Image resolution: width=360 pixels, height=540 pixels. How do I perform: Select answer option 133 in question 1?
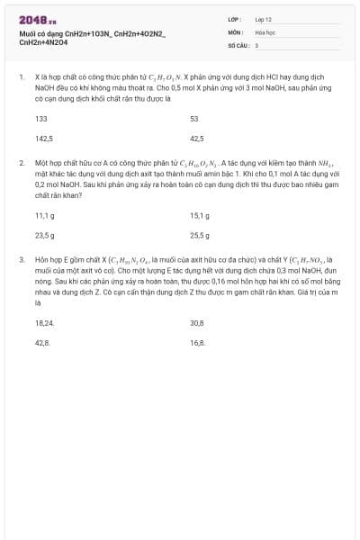[x=41, y=119]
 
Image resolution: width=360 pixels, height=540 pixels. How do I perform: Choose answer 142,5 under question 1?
[x=44, y=139]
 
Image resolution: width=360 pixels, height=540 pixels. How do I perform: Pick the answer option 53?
[x=194, y=119]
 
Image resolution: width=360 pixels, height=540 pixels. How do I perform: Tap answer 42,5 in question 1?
[x=197, y=139]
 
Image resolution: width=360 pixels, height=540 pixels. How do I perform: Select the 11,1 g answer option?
[x=45, y=215]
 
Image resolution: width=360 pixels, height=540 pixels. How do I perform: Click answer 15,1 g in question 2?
[x=200, y=215]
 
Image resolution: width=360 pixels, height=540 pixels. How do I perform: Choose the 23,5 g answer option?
[x=45, y=235]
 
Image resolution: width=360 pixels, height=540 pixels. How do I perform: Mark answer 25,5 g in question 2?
[x=200, y=235]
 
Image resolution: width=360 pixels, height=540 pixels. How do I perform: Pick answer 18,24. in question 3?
[x=45, y=322]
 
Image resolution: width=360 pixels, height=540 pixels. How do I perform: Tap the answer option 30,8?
[x=197, y=322]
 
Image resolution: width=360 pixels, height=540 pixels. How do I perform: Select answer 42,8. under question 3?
[x=42, y=342]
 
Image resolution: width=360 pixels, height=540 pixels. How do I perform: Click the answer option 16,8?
[x=197, y=342]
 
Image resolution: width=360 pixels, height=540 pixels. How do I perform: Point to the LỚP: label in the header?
[x=234, y=18]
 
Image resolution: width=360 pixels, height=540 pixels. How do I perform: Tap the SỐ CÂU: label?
[x=237, y=44]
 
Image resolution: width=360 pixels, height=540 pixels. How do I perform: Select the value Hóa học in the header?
[x=265, y=31]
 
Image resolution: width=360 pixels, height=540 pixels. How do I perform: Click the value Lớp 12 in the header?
[x=264, y=18]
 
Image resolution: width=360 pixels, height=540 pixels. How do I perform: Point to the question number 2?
[x=21, y=163]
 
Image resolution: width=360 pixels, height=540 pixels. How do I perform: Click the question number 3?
[x=21, y=258]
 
